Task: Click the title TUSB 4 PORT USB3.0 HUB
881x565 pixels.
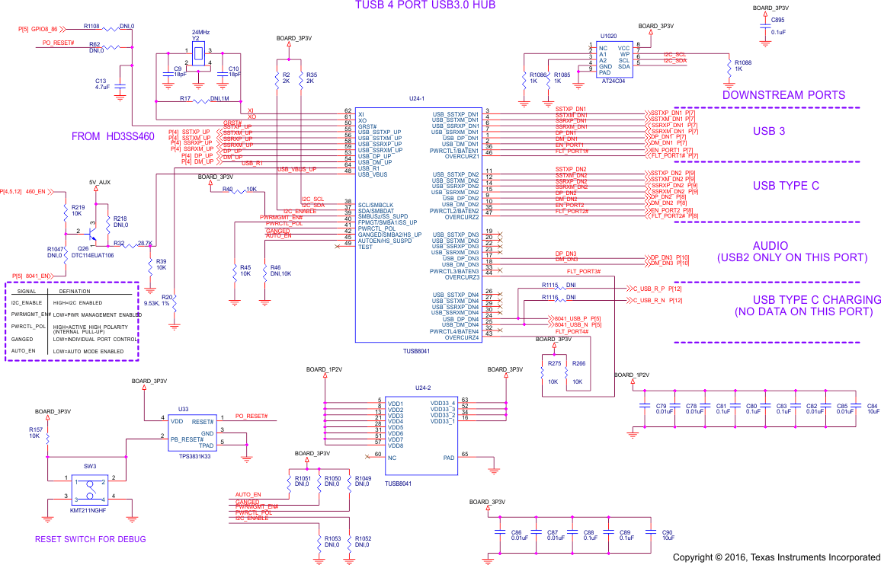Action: click(x=425, y=5)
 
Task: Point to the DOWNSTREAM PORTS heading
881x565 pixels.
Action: click(x=783, y=95)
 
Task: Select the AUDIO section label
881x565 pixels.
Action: click(x=770, y=246)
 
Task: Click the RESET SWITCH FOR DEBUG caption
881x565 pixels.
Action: click(x=90, y=539)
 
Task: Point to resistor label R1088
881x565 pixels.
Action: click(x=742, y=62)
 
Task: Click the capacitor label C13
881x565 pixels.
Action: click(x=101, y=81)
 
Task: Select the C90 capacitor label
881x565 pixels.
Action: click(x=667, y=532)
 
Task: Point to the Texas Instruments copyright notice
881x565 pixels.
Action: click(x=776, y=557)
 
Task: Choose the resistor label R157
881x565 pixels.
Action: click(x=35, y=429)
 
